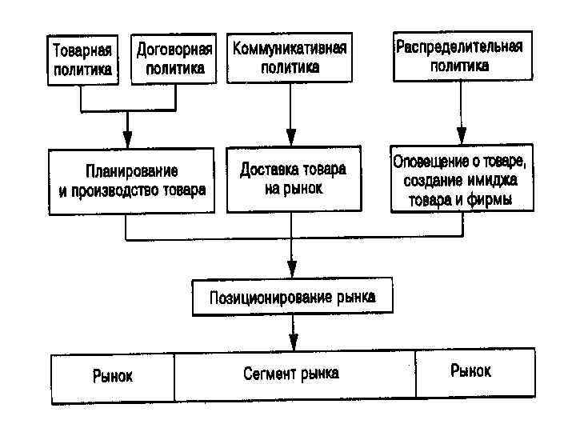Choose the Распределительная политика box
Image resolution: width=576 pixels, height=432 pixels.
tap(460, 55)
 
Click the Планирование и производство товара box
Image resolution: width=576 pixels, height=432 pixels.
tap(132, 181)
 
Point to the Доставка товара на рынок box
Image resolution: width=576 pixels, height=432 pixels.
tap(292, 179)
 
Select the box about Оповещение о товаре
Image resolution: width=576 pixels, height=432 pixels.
tap(462, 179)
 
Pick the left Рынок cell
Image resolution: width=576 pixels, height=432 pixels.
tap(113, 375)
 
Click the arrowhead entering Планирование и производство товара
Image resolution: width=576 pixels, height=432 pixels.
tap(127, 141)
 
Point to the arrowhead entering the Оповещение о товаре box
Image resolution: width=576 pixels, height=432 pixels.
tap(461, 138)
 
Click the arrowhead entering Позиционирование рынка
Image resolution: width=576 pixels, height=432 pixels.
tap(292, 271)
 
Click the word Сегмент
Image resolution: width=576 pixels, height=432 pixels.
tap(270, 374)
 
